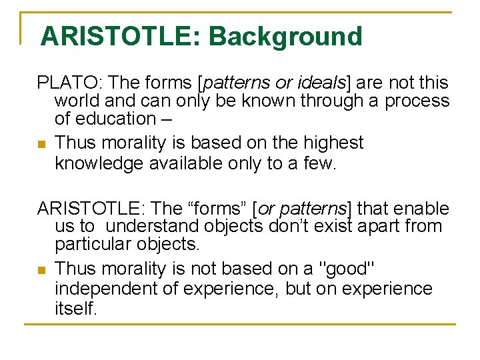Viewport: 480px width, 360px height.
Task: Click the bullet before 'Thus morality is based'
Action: coord(41,144)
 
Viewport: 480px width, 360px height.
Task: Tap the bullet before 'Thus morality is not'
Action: coord(41,270)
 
